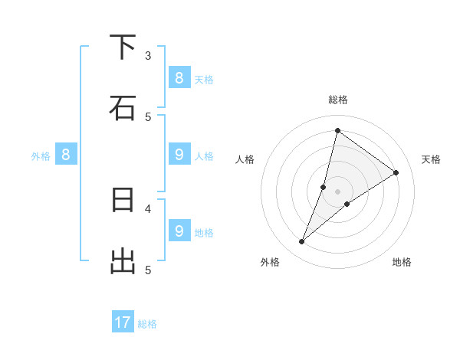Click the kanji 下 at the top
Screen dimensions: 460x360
tap(123, 47)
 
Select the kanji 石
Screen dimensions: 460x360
tap(123, 107)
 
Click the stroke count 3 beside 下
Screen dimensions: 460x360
tap(148, 55)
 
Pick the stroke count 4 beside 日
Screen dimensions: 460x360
tap(148, 208)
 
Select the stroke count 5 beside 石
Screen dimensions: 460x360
tap(148, 116)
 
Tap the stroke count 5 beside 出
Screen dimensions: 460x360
tap(148, 269)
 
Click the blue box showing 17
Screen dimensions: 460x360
tap(123, 322)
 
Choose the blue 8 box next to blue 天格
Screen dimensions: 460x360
tap(179, 77)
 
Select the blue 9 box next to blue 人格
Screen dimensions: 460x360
tap(179, 155)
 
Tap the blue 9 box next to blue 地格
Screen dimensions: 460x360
tap(179, 231)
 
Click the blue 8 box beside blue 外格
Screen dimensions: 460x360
tap(66, 155)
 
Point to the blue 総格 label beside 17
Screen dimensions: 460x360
tap(147, 324)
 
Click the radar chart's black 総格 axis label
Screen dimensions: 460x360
tap(338, 100)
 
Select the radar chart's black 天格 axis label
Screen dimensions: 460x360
tap(432, 159)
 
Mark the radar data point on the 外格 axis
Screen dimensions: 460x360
tap(302, 242)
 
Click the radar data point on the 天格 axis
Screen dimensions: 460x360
tap(396, 173)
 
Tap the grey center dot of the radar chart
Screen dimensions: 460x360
tap(338, 191)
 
